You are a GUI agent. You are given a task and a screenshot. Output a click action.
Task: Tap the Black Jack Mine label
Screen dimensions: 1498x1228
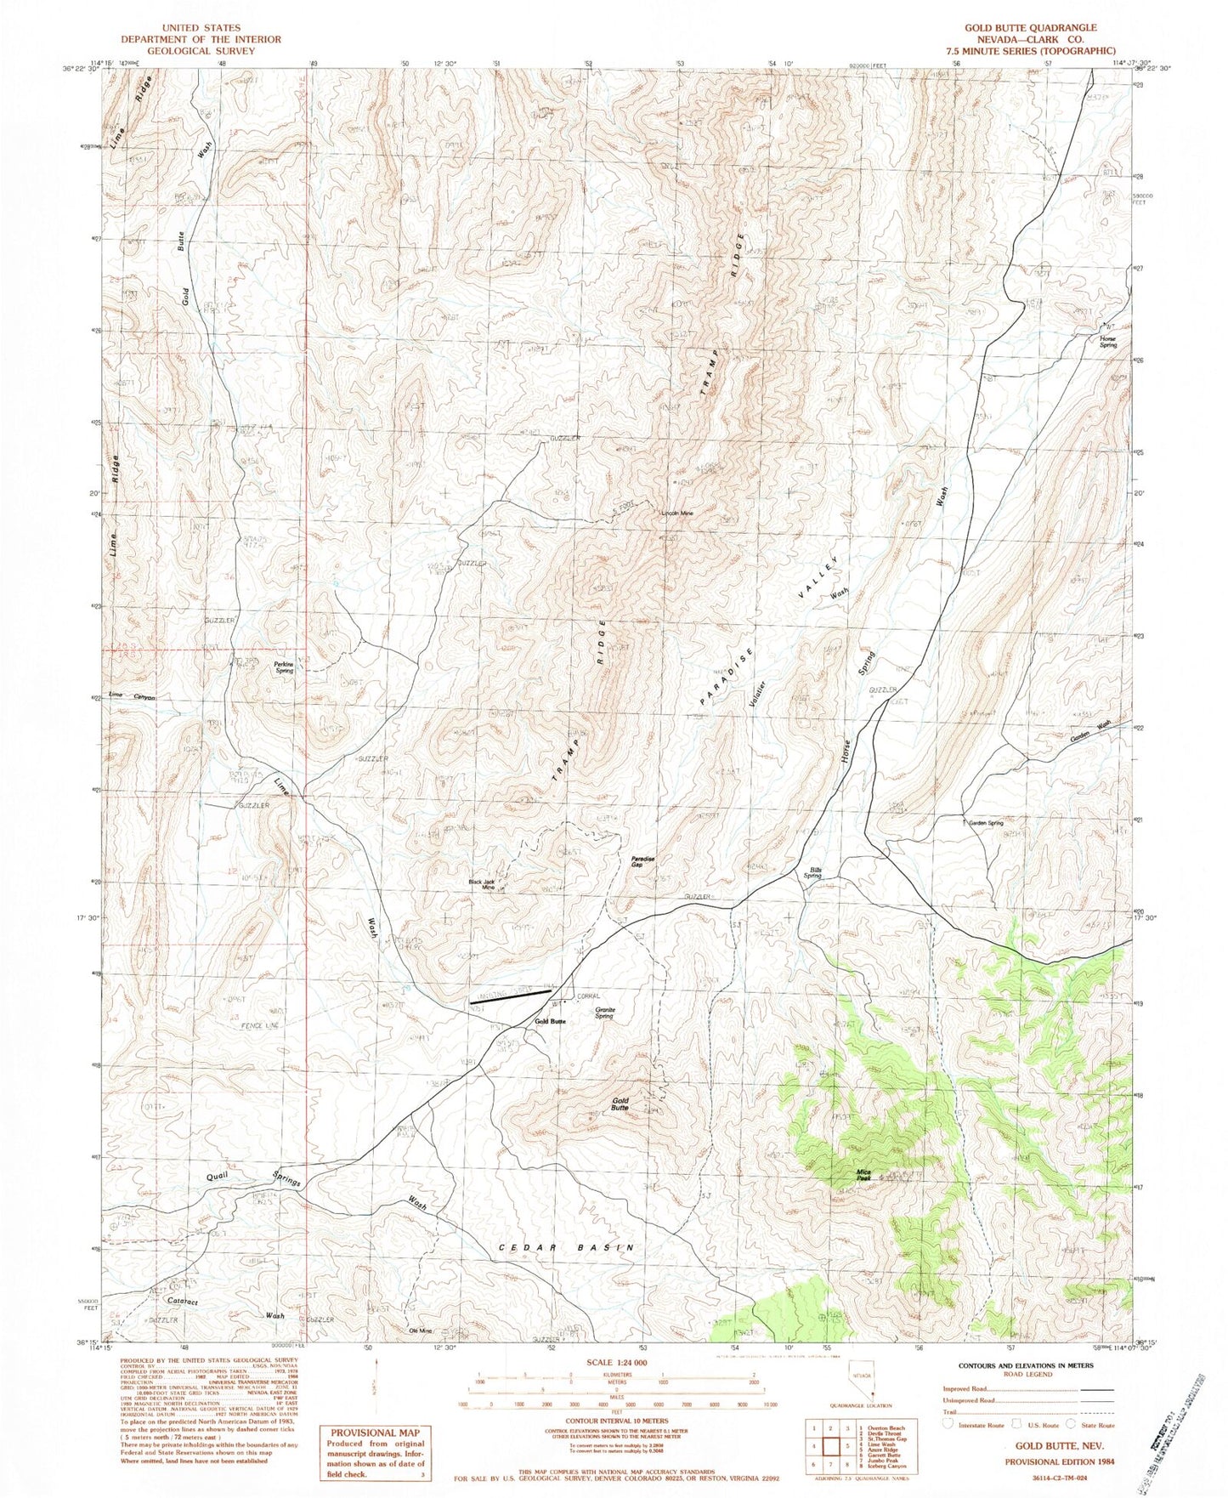click(x=482, y=884)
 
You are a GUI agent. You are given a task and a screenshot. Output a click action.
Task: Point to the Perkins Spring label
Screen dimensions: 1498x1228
click(x=283, y=667)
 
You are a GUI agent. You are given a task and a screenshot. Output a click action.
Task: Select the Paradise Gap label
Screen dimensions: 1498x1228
click(x=642, y=861)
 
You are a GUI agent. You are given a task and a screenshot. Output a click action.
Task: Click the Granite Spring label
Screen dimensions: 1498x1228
click(x=604, y=1013)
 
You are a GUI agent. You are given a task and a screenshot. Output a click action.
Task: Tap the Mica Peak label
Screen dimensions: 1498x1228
click(x=863, y=1177)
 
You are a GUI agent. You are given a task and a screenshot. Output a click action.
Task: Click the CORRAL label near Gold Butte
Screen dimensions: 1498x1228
click(x=588, y=996)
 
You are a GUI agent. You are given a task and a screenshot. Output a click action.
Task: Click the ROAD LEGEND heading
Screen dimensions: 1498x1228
click(x=1032, y=1370)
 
